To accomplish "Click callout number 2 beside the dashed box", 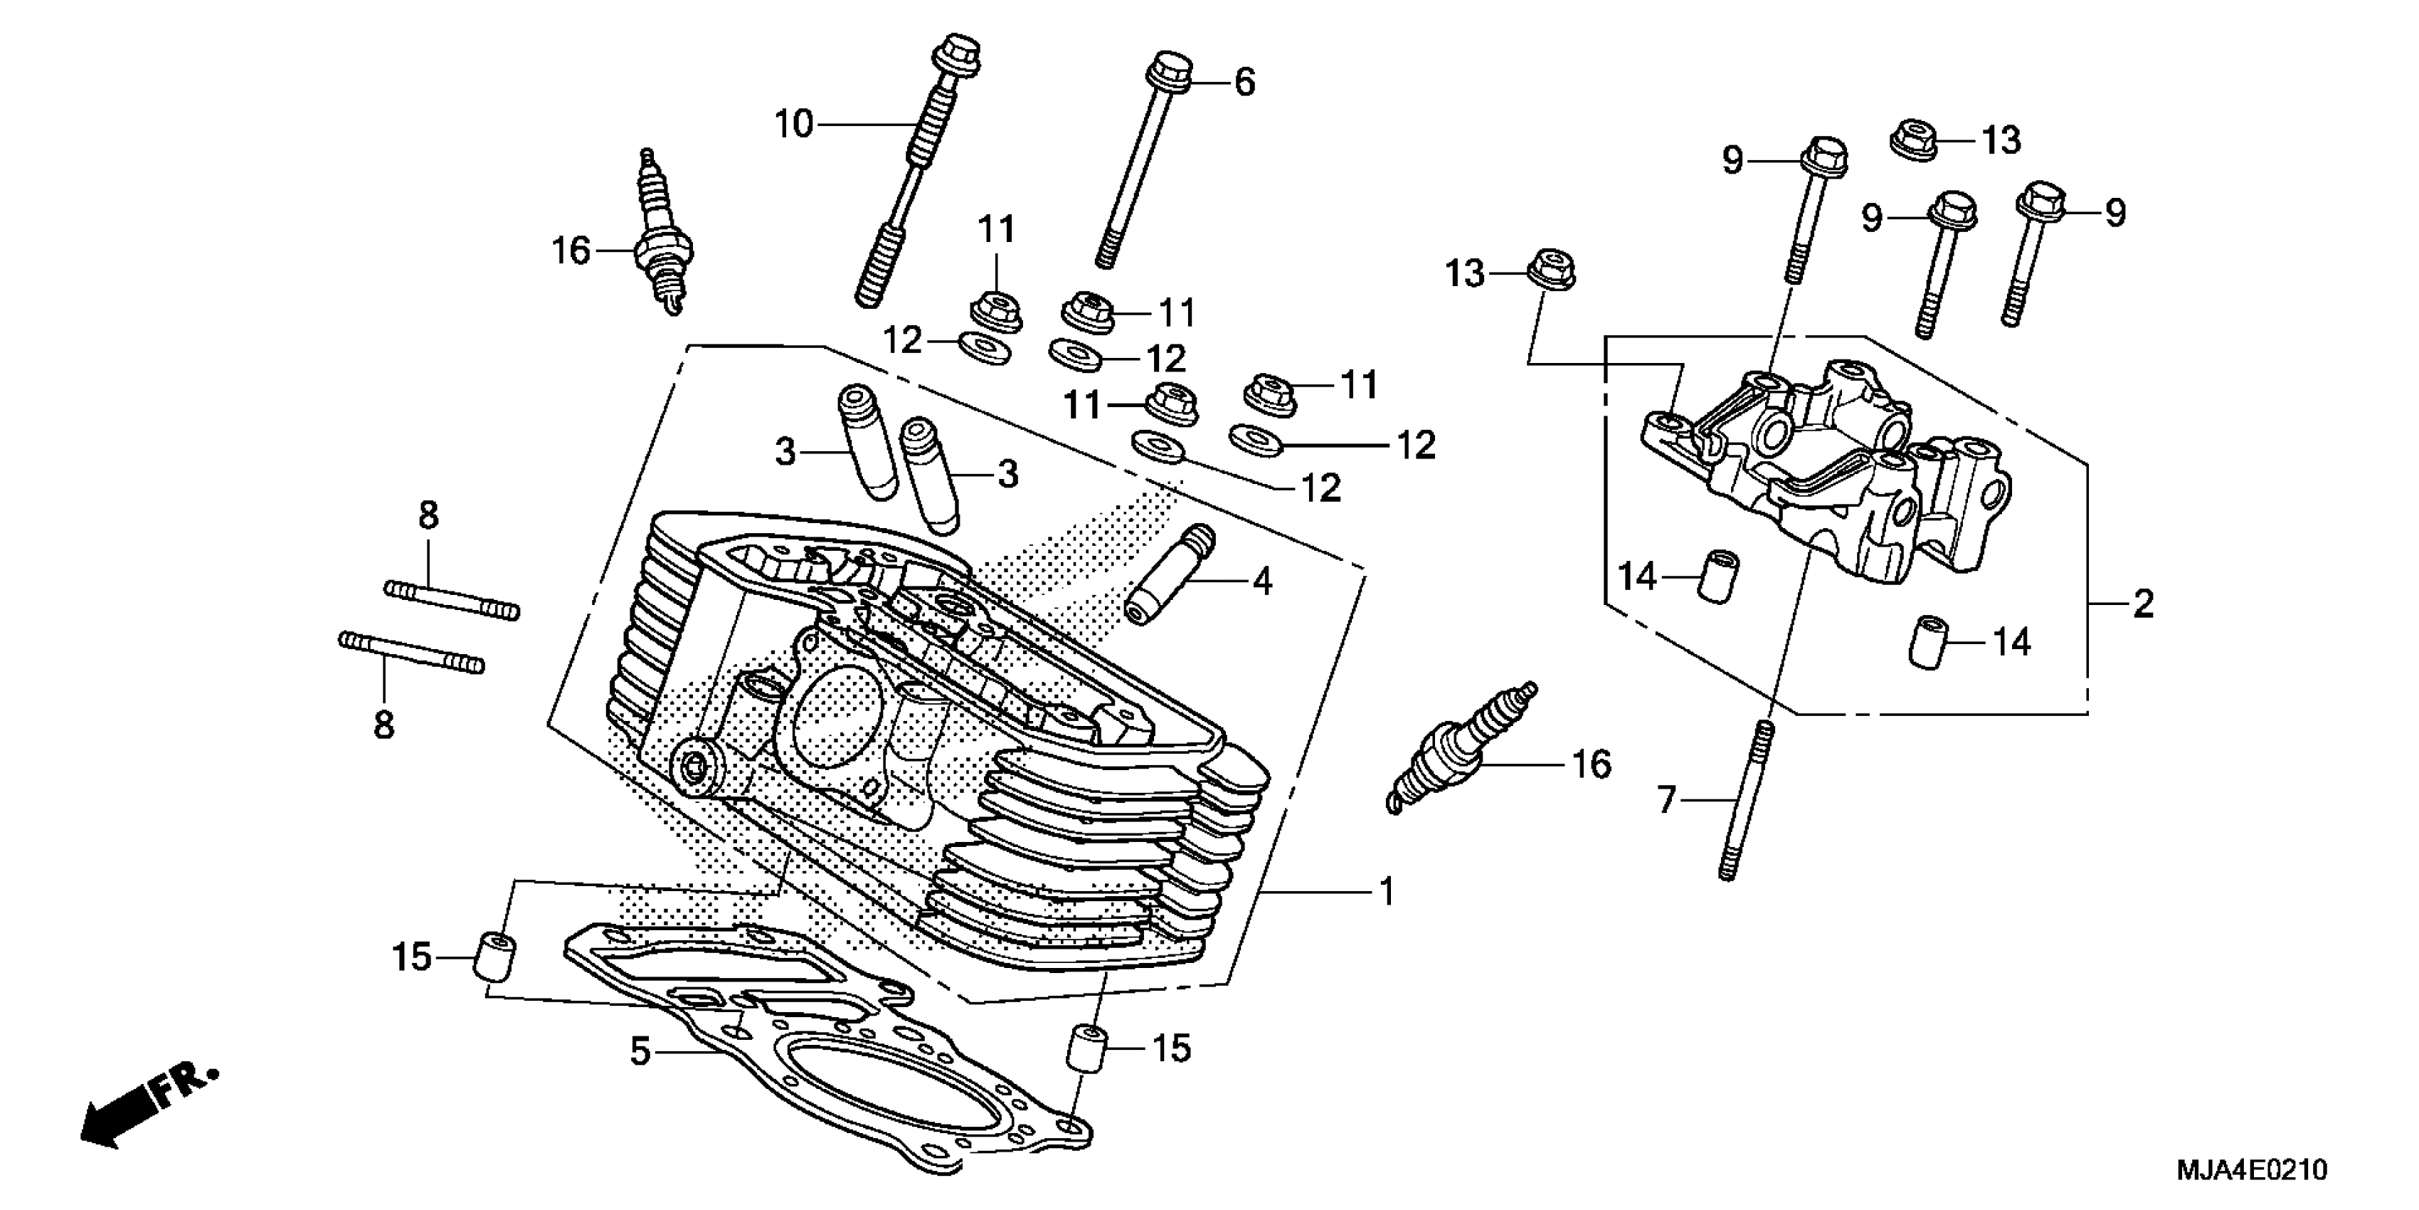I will (2142, 603).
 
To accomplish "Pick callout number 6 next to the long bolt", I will (1244, 83).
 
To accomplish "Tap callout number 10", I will (793, 124).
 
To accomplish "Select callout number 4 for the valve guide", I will (1263, 582).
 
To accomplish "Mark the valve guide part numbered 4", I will (1170, 575).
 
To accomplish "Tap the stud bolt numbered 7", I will (1745, 799).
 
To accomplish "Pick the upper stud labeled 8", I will (452, 599).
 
